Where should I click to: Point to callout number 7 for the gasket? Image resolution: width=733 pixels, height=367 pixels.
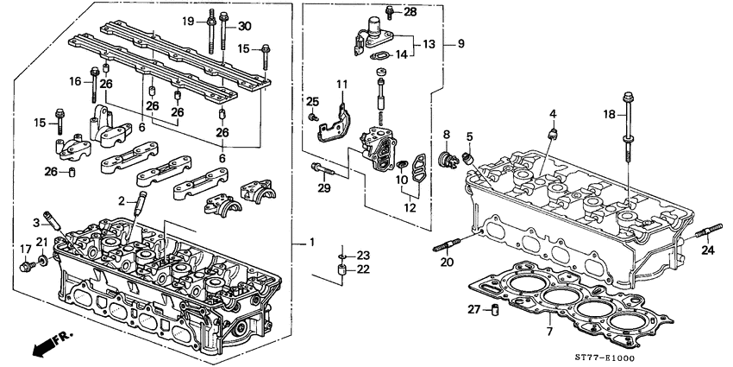tap(548, 330)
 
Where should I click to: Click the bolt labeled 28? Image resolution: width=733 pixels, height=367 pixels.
tap(389, 12)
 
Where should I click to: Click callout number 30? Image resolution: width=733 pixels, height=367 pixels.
tap(244, 25)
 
